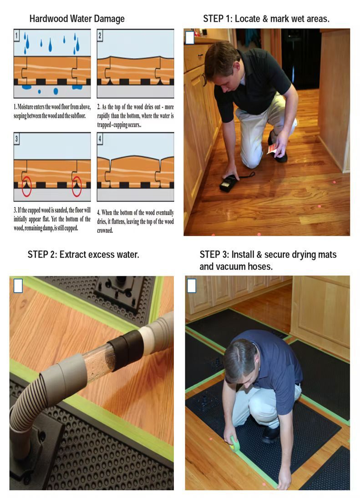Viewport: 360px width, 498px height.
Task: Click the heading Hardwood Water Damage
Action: pyautogui.click(x=76, y=19)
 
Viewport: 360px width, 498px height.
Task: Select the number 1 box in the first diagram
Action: pyautogui.click(x=17, y=35)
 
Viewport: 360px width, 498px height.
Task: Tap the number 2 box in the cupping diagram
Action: pyautogui.click(x=101, y=35)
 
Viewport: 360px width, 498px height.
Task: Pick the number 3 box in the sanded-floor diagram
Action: pyautogui.click(x=17, y=139)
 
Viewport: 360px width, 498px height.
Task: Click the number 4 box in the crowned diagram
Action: pyautogui.click(x=101, y=139)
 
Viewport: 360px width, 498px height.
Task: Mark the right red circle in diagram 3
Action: pyautogui.click(x=76, y=187)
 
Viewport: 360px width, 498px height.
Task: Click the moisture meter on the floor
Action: pyautogui.click(x=229, y=183)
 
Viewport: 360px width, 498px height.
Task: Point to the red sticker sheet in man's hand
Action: pyautogui.click(x=272, y=149)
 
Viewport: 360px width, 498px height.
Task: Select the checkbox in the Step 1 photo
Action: pyautogui.click(x=190, y=38)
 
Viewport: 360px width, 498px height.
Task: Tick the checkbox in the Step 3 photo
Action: pyautogui.click(x=192, y=286)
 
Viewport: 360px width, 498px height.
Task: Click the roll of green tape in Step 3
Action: pyautogui.click(x=235, y=443)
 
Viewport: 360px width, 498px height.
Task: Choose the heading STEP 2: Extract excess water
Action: pyautogui.click(x=83, y=255)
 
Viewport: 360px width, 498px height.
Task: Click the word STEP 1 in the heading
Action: pyautogui.click(x=218, y=19)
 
